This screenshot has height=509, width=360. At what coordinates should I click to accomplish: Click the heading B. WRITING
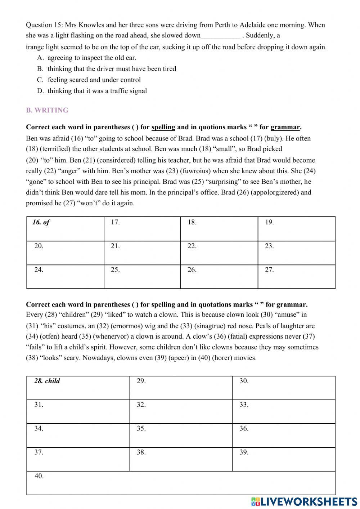click(x=47, y=110)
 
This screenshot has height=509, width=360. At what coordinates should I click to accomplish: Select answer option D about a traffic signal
click(x=97, y=91)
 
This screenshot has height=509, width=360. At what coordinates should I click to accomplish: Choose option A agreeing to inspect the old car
click(x=92, y=58)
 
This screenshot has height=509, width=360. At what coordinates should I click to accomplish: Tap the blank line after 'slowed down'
click(x=220, y=36)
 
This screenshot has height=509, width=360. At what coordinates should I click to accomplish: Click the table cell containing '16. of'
click(x=65, y=229)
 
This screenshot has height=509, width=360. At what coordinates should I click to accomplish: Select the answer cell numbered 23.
click(x=296, y=253)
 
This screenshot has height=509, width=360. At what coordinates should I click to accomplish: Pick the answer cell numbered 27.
click(x=296, y=277)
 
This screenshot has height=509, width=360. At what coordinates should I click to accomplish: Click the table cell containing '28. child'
click(x=78, y=388)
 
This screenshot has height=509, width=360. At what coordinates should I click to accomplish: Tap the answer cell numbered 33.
click(x=283, y=411)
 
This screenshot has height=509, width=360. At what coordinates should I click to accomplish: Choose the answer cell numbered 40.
click(x=181, y=483)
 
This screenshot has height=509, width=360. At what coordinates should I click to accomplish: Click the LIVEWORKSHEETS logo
click(x=304, y=502)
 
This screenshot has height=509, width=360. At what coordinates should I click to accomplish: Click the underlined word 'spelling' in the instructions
click(x=163, y=127)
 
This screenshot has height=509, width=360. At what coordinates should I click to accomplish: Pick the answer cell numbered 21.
click(x=142, y=253)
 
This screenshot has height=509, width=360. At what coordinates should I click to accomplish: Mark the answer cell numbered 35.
click(x=181, y=435)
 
